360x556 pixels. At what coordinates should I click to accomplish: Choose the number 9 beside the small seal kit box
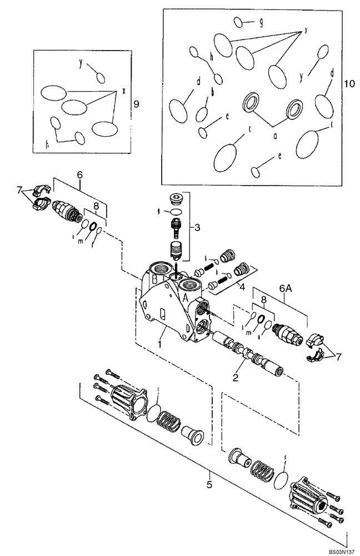coord(137,103)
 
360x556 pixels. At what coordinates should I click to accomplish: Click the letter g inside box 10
coord(261,22)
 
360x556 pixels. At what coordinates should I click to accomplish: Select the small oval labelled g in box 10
coord(239,22)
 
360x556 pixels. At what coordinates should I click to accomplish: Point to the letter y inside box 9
coord(81,63)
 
